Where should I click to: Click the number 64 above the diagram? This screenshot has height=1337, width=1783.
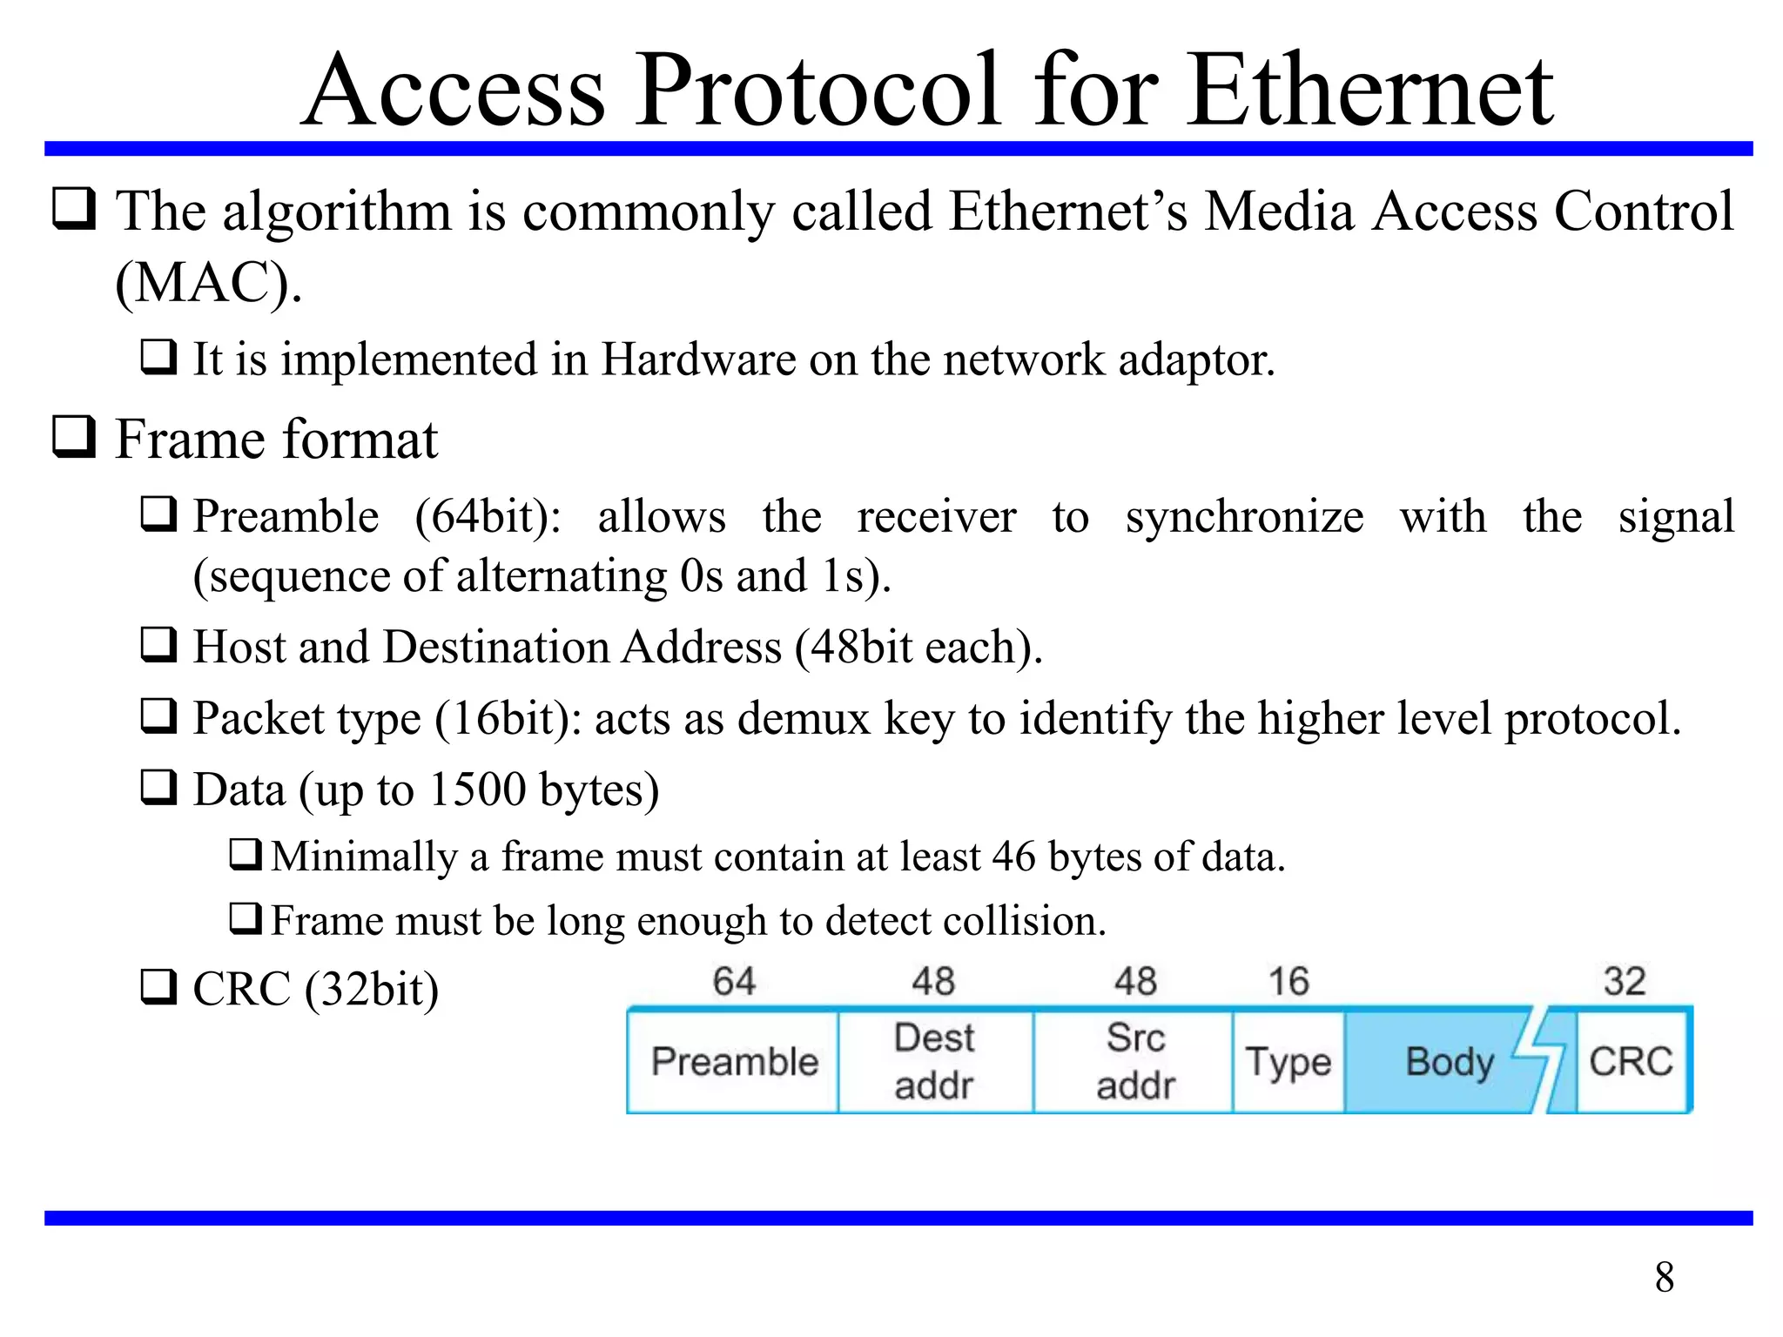point(734,982)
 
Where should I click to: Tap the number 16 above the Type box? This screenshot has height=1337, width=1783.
point(1288,982)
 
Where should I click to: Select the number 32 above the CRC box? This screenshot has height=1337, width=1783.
point(1625,982)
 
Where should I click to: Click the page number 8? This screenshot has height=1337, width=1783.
point(1664,1278)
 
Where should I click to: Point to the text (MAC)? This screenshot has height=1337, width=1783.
point(208,284)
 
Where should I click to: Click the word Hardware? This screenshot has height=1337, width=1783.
point(698,359)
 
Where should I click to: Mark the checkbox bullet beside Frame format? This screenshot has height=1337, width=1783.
point(74,437)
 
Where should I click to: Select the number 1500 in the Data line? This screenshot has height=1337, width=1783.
point(477,789)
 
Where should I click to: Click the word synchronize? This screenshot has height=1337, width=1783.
point(1244,517)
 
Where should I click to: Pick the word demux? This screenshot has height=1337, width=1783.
point(803,719)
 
